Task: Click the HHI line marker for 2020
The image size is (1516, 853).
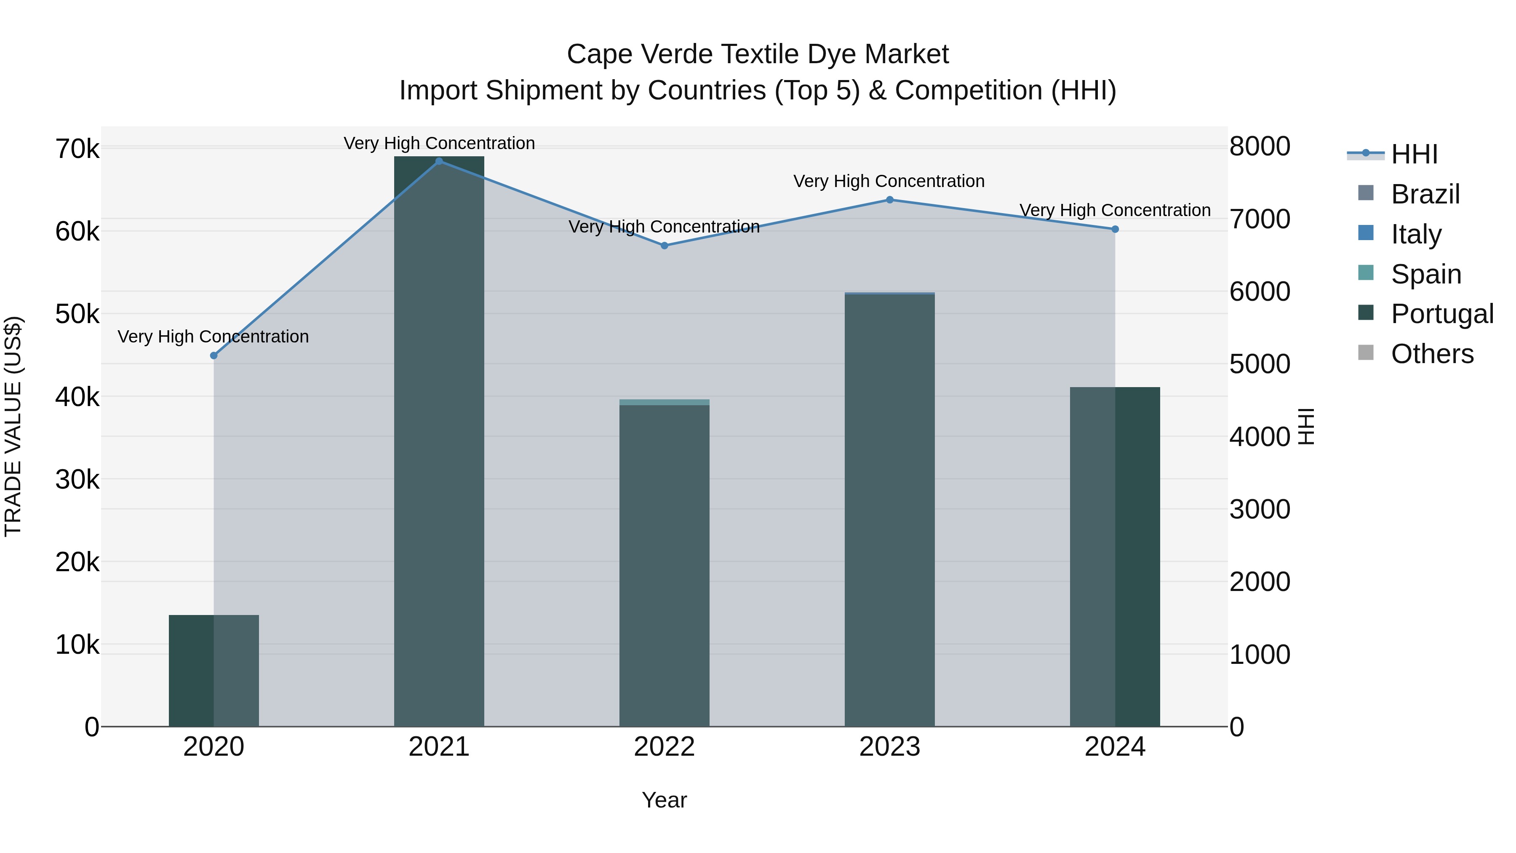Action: [x=214, y=356]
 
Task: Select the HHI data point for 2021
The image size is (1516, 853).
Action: [x=439, y=161]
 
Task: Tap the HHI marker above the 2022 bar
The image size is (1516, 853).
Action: [x=665, y=246]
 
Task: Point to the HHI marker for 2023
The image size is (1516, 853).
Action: [x=890, y=200]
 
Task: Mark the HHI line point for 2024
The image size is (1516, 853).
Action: [x=1115, y=229]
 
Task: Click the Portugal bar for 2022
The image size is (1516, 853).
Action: [x=665, y=565]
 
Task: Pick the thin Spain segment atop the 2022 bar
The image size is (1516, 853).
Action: [x=665, y=402]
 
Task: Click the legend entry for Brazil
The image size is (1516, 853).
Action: [x=1425, y=194]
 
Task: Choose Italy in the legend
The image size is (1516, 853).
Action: [x=1416, y=234]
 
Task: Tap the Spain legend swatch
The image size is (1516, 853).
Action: [x=1366, y=273]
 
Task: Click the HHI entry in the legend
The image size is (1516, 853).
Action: [x=1414, y=154]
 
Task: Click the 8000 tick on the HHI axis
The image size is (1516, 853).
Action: [x=1260, y=146]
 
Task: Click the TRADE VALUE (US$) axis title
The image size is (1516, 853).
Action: [x=13, y=426]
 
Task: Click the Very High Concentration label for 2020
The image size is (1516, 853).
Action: [x=214, y=337]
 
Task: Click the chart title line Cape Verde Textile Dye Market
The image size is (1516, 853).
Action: [x=758, y=54]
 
